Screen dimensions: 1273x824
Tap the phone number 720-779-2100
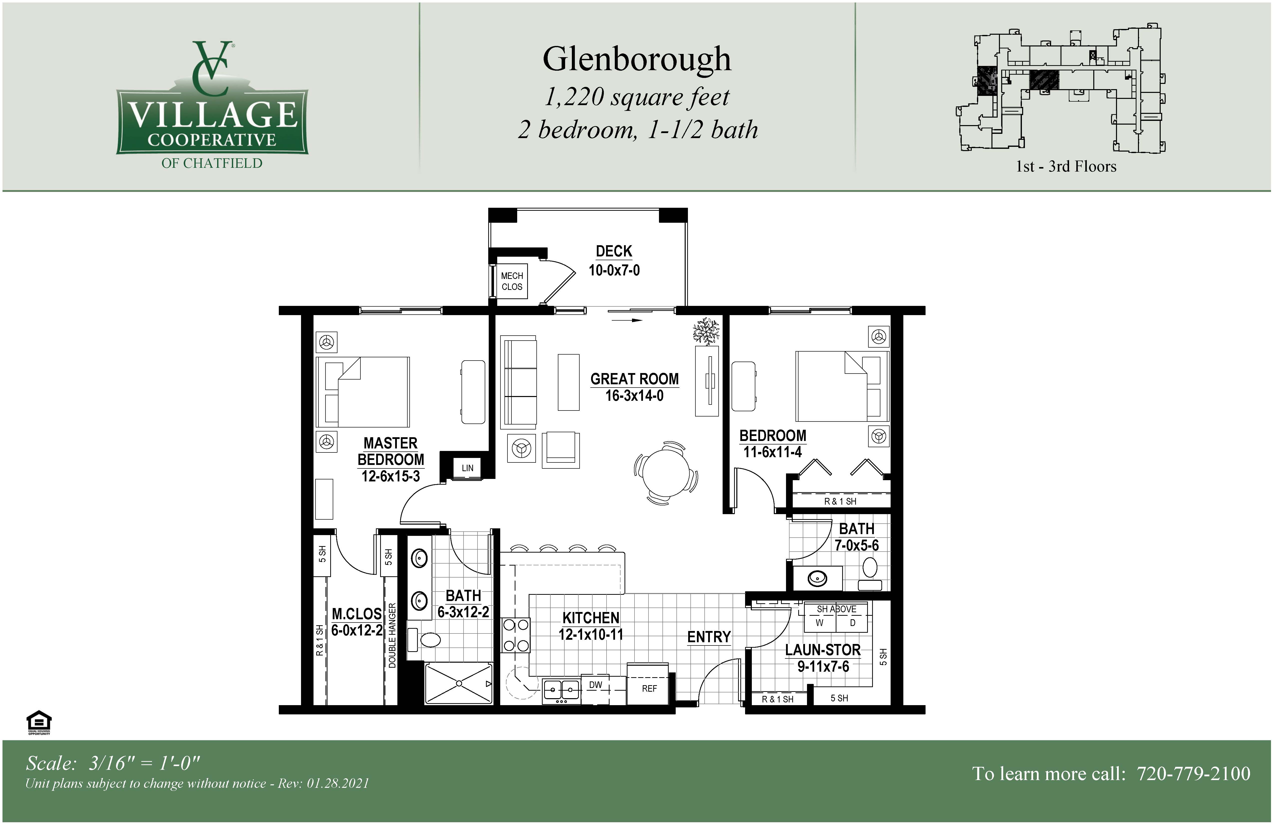1193,774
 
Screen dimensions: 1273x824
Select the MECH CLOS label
512,281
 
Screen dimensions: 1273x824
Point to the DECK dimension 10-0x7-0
614,270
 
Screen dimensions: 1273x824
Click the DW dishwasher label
595,685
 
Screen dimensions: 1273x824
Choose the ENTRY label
709,637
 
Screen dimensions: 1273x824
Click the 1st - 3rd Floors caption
1066,166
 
